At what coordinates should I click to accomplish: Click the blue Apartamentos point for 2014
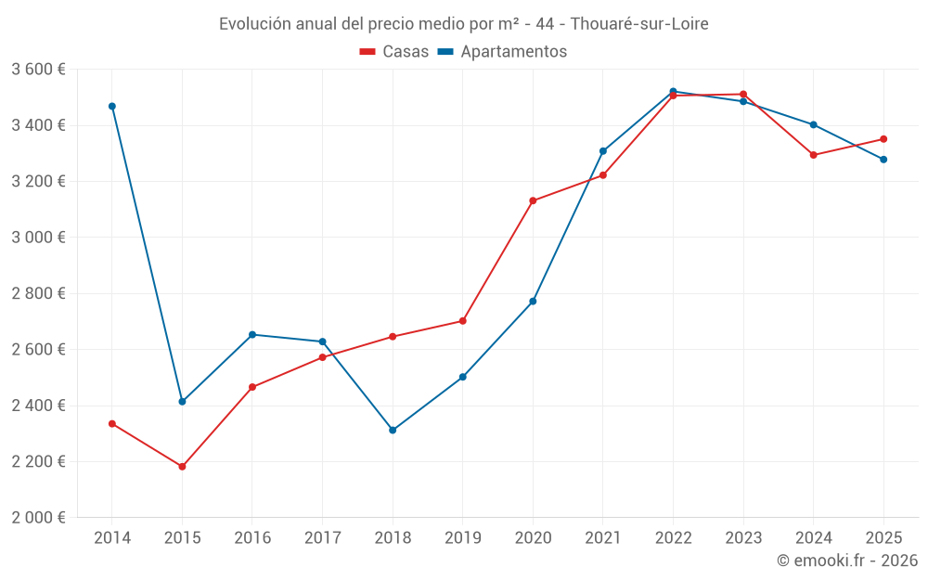[112, 107]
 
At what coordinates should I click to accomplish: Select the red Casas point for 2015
[182, 467]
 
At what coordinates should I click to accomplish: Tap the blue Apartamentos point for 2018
[393, 431]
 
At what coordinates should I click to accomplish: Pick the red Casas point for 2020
[533, 200]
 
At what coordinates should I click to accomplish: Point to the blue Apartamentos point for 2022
[673, 91]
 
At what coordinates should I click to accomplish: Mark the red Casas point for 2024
[814, 155]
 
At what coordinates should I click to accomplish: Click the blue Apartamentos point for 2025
[883, 160]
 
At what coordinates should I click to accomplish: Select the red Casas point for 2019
[463, 321]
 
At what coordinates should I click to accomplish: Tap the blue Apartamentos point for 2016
[252, 334]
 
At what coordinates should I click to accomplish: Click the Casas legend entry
[394, 52]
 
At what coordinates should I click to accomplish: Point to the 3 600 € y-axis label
[39, 70]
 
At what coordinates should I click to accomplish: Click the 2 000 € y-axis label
[39, 518]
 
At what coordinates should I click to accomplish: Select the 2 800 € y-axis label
[39, 293]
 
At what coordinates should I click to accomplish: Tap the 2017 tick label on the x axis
[322, 538]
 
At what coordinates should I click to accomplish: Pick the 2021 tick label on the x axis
[603, 538]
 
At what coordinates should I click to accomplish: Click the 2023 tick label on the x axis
[743, 538]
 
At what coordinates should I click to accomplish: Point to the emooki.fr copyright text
[847, 561]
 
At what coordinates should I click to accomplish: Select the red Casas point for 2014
[112, 424]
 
